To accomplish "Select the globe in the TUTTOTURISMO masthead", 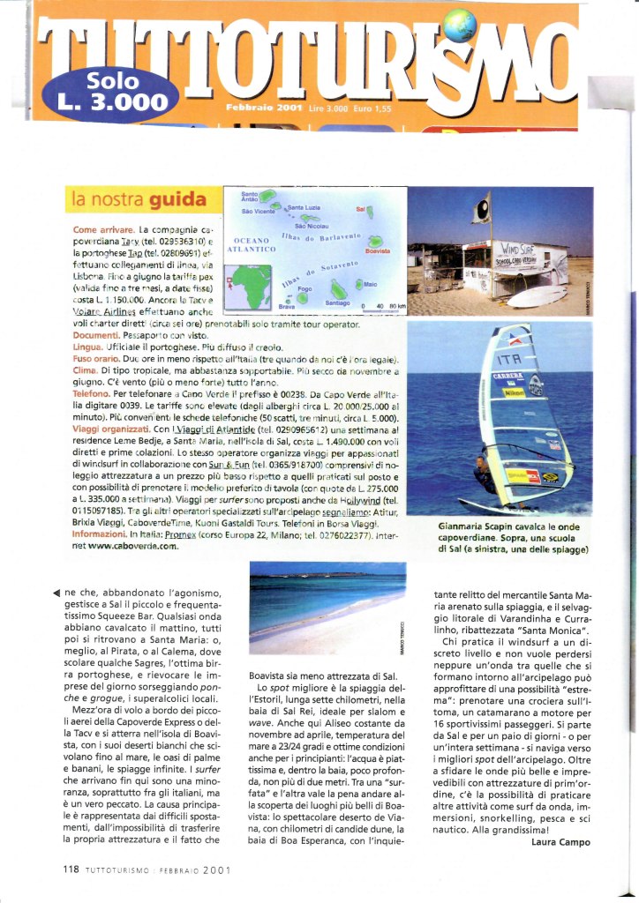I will pyautogui.click(x=460, y=25).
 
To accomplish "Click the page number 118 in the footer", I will pyautogui.click(x=71, y=869).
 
